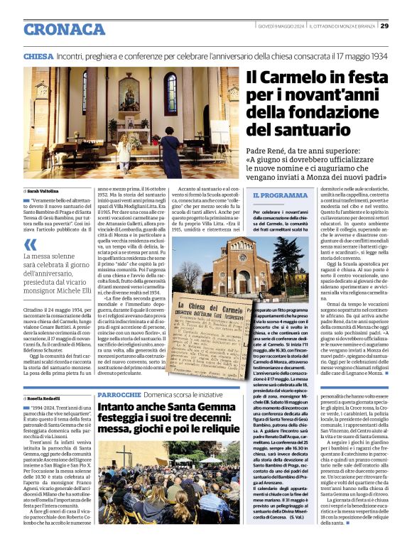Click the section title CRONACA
(x=65, y=29)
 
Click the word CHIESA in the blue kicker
(x=38, y=55)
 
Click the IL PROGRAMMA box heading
(x=281, y=195)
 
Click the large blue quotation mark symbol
(x=31, y=244)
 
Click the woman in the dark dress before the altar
(x=122, y=149)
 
